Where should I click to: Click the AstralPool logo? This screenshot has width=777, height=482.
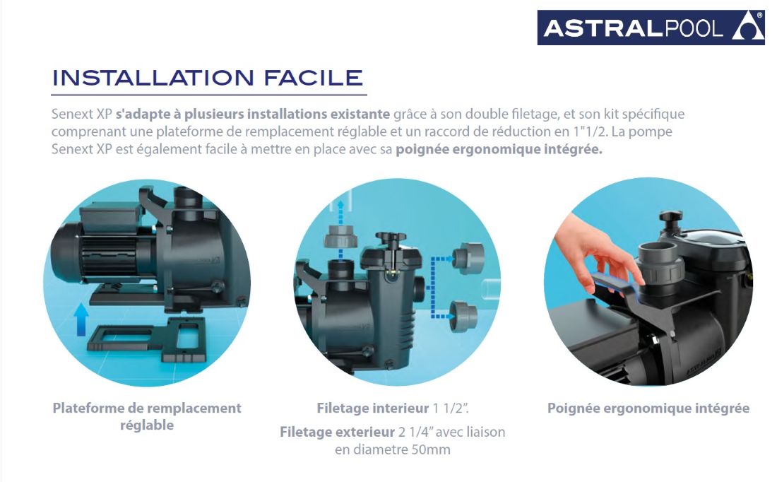tap(650, 28)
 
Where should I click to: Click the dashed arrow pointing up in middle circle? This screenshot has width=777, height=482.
tap(340, 210)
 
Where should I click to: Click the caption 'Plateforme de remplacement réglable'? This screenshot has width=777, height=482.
tap(147, 416)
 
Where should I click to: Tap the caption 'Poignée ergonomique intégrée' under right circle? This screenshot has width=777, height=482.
tap(648, 408)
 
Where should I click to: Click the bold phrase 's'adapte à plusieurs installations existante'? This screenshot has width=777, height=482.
tap(252, 114)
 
